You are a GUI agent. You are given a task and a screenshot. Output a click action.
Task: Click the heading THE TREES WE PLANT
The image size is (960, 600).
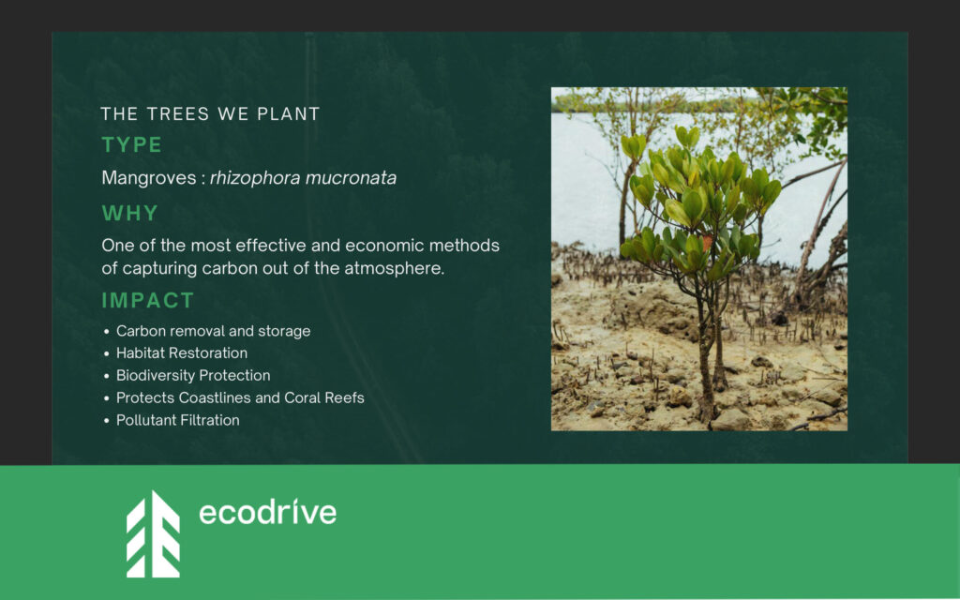tap(210, 113)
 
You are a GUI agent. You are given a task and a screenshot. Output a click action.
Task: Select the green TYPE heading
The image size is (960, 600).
tap(131, 145)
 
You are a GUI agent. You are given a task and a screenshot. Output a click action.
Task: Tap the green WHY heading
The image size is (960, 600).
tap(129, 213)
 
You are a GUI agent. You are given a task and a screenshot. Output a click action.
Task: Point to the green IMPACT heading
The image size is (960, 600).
tap(147, 301)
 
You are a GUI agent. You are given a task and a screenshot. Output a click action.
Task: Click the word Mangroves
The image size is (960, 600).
tap(149, 178)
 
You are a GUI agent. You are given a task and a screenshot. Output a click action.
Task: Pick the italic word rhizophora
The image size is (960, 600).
tap(255, 178)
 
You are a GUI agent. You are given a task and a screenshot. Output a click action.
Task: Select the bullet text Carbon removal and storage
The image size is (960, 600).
tap(213, 331)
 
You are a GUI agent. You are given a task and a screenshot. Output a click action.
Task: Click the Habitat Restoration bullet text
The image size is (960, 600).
tap(182, 353)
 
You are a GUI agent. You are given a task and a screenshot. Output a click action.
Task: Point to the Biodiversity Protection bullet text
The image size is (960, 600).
tap(193, 375)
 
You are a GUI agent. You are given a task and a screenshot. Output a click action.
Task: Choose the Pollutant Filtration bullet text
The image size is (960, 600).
tap(177, 420)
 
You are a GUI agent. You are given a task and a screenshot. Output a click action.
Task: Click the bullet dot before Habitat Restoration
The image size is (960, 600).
tap(107, 353)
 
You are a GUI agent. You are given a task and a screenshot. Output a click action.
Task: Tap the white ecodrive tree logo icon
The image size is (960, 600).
tap(153, 533)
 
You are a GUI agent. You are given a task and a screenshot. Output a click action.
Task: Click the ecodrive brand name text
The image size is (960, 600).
tap(267, 512)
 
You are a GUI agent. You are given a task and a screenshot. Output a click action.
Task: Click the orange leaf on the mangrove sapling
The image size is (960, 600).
tap(707, 243)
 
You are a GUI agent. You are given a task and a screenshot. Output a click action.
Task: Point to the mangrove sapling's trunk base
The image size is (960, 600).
tap(709, 411)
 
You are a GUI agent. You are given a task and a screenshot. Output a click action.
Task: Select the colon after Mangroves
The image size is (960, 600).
tap(202, 179)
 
